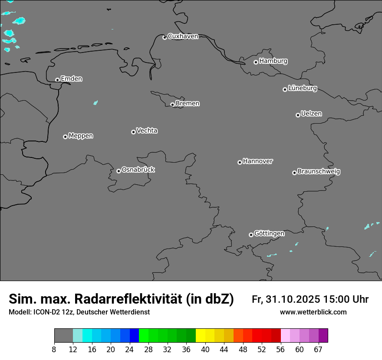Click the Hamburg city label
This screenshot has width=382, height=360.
(273, 61)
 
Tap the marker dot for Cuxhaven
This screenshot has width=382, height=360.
(165, 37)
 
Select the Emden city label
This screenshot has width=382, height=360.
(71, 79)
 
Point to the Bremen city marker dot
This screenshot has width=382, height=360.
(172, 105)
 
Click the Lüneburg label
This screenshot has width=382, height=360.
(302, 88)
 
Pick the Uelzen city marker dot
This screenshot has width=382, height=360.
(298, 115)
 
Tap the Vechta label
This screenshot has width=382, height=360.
(147, 131)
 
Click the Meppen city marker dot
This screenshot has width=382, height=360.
(65, 137)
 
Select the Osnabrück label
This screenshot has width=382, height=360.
(138, 170)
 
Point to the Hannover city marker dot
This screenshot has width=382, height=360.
(240, 162)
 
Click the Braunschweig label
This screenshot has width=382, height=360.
(319, 172)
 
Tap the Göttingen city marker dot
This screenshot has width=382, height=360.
(251, 235)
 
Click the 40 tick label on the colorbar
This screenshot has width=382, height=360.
(205, 350)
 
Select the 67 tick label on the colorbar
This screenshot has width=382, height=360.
(318, 350)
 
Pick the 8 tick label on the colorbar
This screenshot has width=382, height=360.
(54, 350)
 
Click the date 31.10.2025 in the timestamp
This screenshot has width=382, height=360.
(293, 299)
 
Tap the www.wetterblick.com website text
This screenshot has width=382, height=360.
(313, 312)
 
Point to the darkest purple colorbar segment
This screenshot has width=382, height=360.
(323, 336)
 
